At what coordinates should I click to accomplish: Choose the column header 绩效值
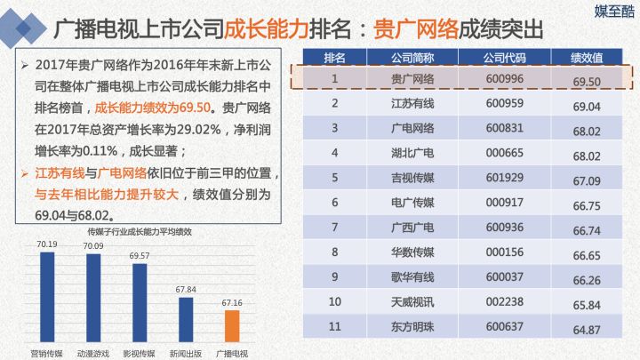click(587, 58)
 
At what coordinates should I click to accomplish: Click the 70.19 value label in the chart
click(47, 244)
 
